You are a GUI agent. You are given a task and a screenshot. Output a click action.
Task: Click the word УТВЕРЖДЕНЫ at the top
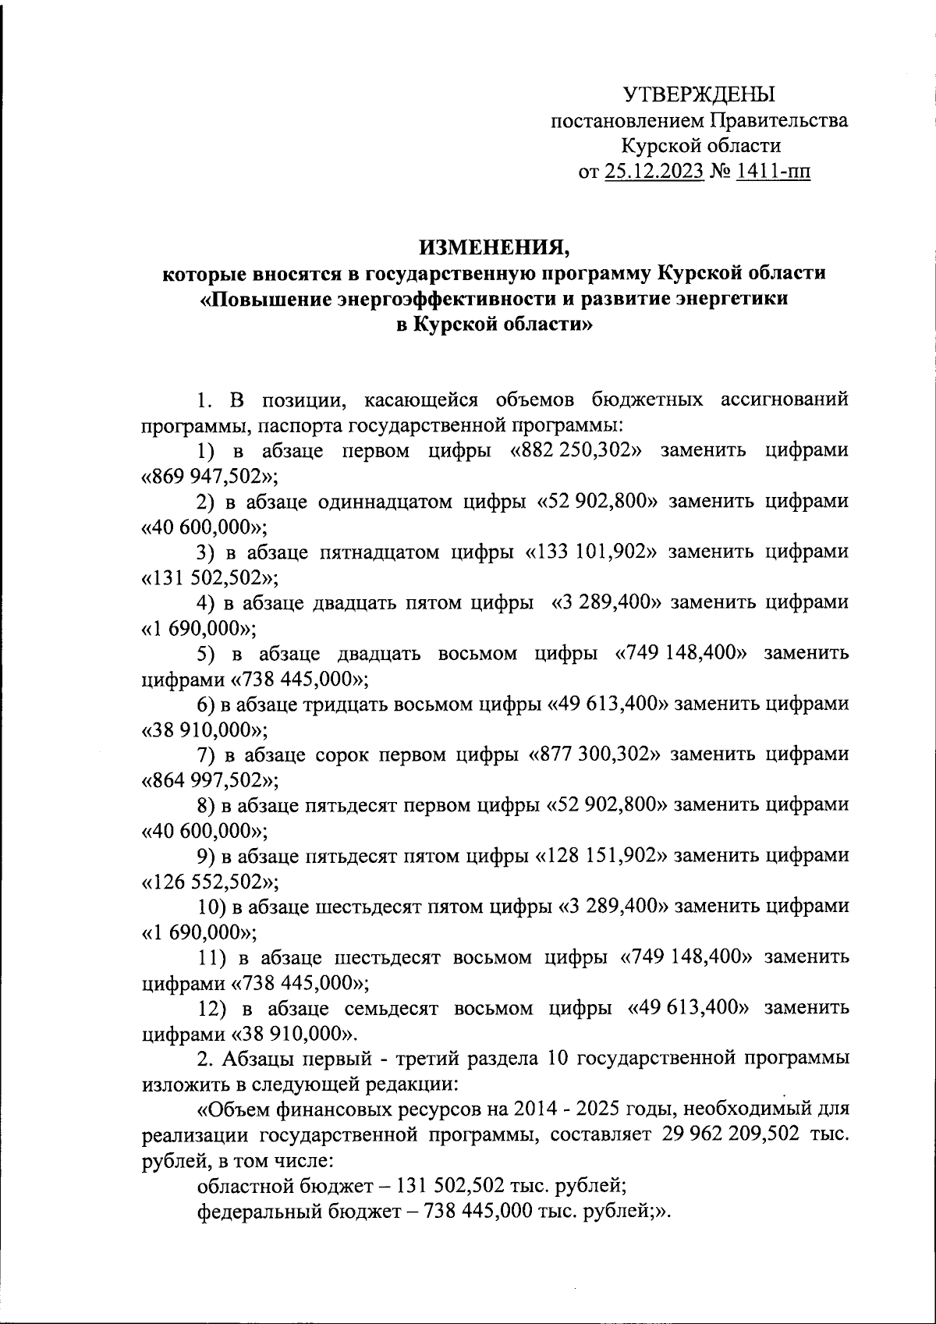click(699, 95)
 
